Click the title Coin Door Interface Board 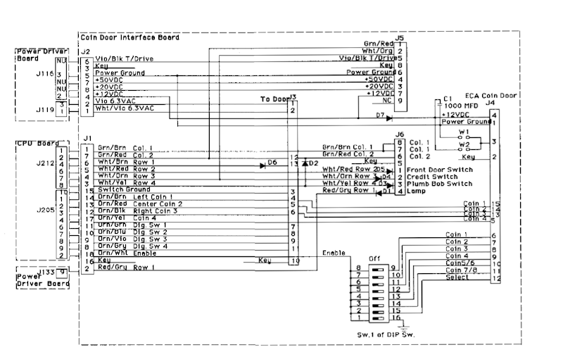[129, 37]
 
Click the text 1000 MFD [461, 105]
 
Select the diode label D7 [380, 115]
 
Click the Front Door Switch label [439, 170]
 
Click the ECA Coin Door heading [490, 95]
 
